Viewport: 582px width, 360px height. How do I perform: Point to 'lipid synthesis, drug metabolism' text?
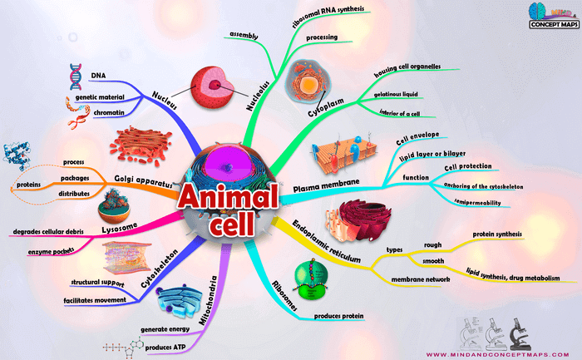pyautogui.click(x=512, y=277)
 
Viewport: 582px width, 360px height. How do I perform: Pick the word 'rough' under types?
pyautogui.click(x=432, y=245)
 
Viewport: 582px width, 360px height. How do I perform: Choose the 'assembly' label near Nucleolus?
pyautogui.click(x=244, y=37)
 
